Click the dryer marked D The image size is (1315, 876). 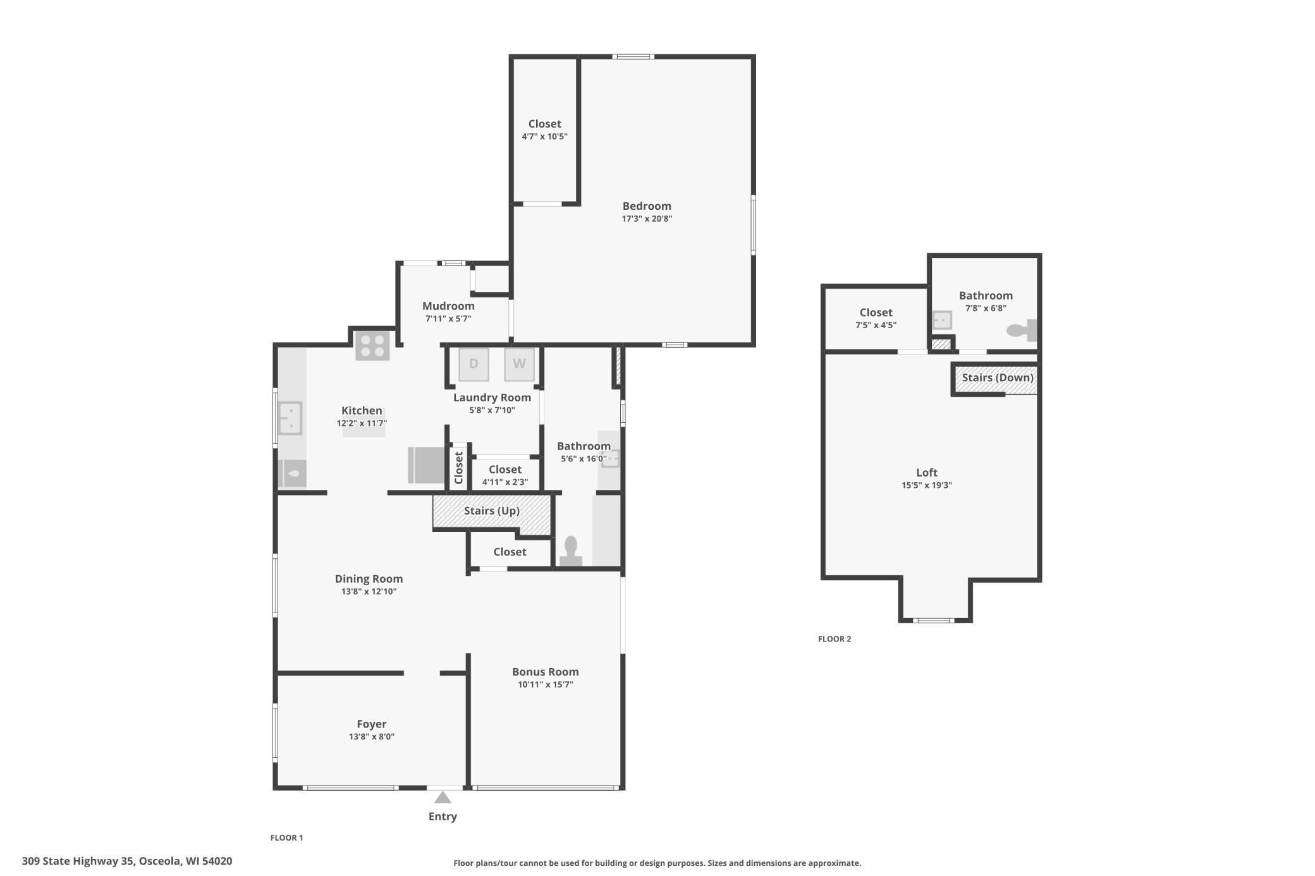click(x=474, y=364)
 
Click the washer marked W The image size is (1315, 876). click(x=519, y=364)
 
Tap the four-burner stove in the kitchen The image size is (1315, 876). click(x=372, y=346)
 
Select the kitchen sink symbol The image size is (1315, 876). click(x=290, y=418)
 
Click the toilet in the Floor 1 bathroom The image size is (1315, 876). click(x=571, y=551)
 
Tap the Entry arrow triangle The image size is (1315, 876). click(x=443, y=798)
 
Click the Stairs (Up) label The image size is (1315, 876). click(x=491, y=511)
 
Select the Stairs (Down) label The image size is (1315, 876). click(x=997, y=378)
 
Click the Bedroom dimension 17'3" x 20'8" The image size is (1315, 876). click(x=646, y=219)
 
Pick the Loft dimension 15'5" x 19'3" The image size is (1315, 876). click(x=926, y=485)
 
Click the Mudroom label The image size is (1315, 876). click(x=448, y=306)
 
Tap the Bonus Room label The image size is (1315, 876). click(x=545, y=672)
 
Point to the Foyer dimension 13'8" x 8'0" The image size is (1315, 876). click(x=371, y=736)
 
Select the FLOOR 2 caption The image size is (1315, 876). click(x=835, y=639)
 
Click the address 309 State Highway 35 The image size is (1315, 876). click(x=126, y=861)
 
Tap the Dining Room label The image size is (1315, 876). click(x=369, y=579)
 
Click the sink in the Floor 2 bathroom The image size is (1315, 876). click(x=942, y=320)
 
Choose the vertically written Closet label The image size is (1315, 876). click(x=459, y=468)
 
